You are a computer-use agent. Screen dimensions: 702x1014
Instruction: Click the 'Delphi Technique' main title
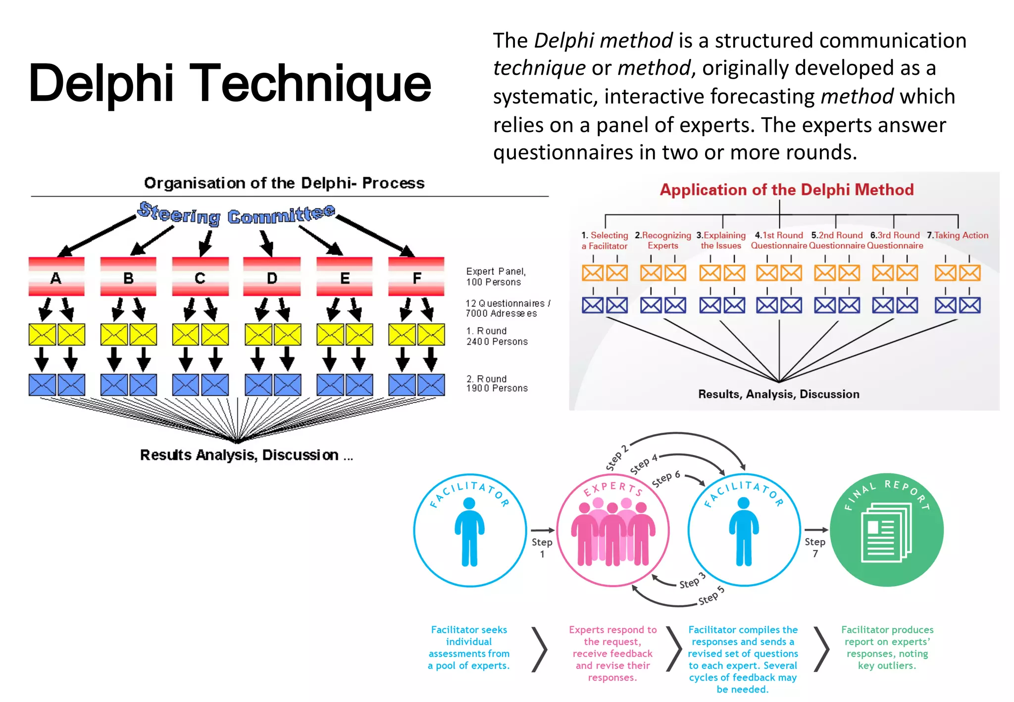(x=230, y=83)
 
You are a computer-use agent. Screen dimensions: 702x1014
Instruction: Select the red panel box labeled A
(x=56, y=277)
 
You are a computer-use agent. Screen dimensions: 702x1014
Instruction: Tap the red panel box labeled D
(x=272, y=277)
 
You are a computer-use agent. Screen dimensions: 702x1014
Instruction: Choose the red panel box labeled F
(x=416, y=277)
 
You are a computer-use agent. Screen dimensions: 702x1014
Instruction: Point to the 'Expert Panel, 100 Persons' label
(x=496, y=277)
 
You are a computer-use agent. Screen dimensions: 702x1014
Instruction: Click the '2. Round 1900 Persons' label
(x=497, y=384)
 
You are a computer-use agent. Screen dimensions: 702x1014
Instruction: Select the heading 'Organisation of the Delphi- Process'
(x=284, y=183)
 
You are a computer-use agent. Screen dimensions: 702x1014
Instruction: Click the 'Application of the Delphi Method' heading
(x=786, y=190)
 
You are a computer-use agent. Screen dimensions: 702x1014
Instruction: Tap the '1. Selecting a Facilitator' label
(x=605, y=241)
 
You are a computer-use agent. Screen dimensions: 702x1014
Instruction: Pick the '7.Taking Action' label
(x=958, y=236)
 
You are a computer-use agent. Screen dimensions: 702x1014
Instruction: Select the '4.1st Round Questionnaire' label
(x=779, y=241)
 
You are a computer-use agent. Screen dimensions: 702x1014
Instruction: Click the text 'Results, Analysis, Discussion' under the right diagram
(x=778, y=394)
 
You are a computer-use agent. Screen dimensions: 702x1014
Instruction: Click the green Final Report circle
(x=887, y=530)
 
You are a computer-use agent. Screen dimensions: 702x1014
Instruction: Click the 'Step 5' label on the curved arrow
(x=711, y=596)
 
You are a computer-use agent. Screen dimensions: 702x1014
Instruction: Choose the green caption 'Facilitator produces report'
(x=887, y=648)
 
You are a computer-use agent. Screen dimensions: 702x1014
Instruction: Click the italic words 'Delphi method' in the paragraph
(x=603, y=41)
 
